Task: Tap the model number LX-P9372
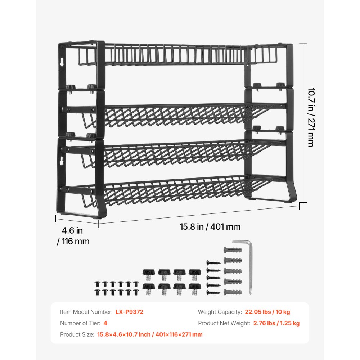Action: pyautogui.click(x=129, y=312)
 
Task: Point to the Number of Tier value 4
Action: pyautogui.click(x=105, y=323)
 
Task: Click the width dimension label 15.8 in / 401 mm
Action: pyautogui.click(x=210, y=227)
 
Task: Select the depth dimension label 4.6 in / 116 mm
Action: pyautogui.click(x=73, y=236)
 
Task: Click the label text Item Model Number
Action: pyautogui.click(x=86, y=312)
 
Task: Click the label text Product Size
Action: pyautogui.click(x=77, y=334)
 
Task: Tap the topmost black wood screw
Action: pyautogui.click(x=212, y=263)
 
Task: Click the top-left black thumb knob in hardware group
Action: pyautogui.click(x=148, y=273)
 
